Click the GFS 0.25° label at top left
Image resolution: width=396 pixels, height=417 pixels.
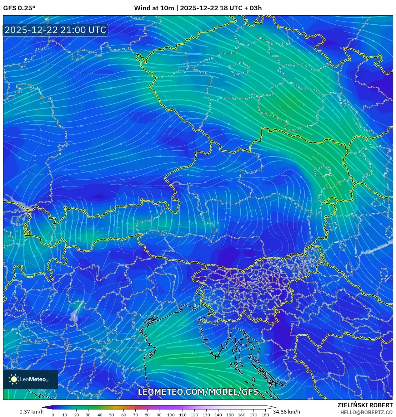point(19,8)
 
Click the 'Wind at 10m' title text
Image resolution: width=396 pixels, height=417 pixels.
point(154,8)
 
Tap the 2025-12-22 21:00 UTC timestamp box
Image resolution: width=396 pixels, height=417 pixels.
point(55,30)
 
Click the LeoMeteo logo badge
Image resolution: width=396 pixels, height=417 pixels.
point(31,379)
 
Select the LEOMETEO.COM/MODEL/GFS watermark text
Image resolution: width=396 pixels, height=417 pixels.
point(198,392)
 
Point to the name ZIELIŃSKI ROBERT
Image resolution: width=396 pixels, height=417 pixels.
point(365,405)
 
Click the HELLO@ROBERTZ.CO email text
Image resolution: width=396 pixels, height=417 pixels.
point(366,412)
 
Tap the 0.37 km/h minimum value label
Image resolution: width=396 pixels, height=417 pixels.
point(31,412)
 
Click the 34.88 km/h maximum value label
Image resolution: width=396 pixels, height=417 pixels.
point(286,412)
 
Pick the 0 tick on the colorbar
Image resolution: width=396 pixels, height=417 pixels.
point(53,415)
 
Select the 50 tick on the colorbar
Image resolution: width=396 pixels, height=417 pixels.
point(112,415)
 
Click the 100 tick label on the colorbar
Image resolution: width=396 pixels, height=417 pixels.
point(171,415)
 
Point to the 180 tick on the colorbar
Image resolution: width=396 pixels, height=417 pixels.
point(265,415)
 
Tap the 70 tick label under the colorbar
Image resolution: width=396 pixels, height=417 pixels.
point(135,415)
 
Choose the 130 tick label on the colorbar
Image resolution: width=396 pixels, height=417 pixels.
point(206,415)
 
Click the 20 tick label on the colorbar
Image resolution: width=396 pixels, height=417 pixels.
point(76,415)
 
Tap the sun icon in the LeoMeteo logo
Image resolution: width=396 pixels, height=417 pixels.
point(14,379)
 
